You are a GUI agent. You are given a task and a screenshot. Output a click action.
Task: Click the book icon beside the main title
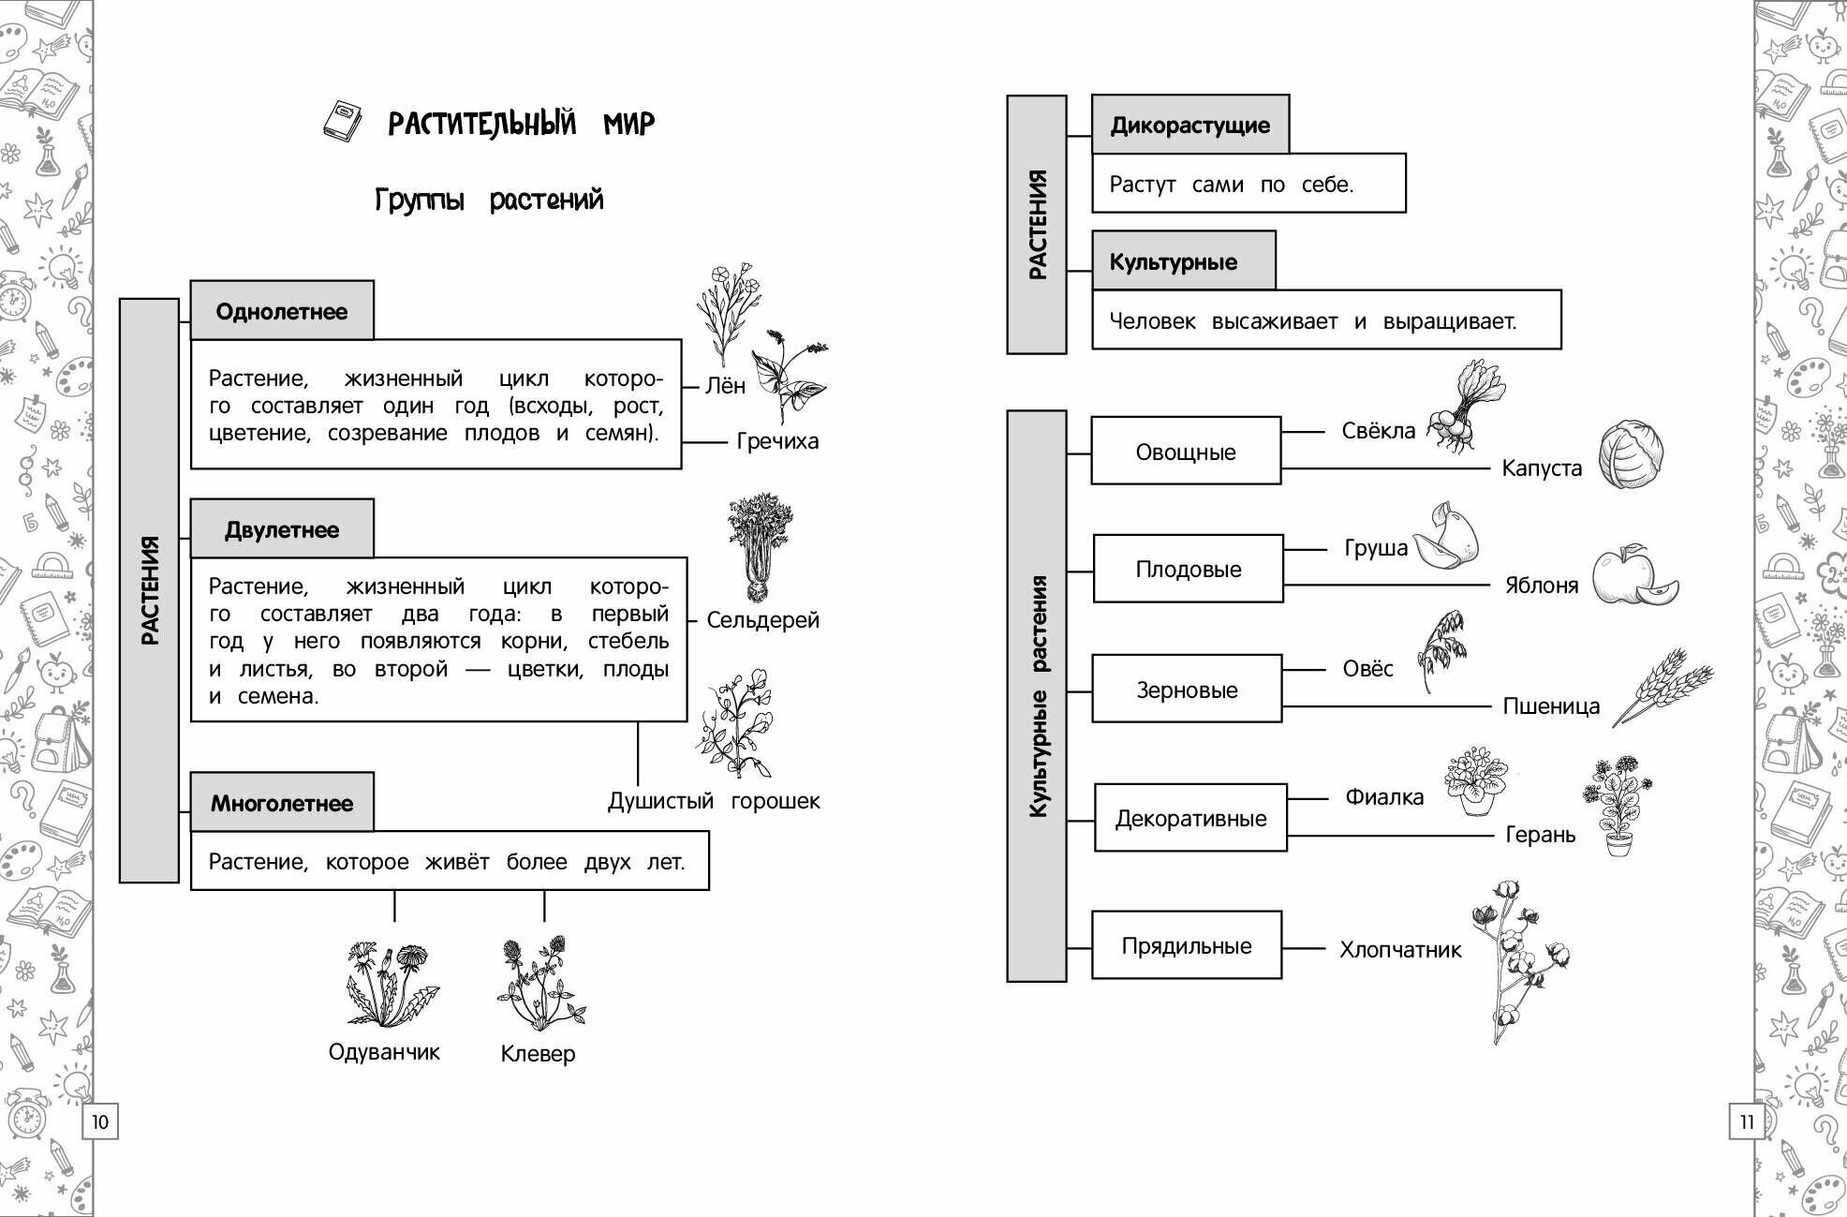coord(342,121)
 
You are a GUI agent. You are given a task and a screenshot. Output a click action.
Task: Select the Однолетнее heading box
coord(281,311)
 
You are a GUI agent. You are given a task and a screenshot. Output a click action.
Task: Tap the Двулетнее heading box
coord(281,529)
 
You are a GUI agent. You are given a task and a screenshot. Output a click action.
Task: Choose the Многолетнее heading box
coord(281,803)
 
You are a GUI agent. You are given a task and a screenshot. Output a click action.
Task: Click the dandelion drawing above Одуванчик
coord(391,984)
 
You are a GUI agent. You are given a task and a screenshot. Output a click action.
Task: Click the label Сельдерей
coord(762,619)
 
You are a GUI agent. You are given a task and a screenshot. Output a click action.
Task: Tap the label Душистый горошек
coord(714,801)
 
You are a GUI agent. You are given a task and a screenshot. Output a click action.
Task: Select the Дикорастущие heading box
coord(1189,125)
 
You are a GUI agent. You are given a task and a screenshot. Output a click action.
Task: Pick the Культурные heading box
coord(1182,261)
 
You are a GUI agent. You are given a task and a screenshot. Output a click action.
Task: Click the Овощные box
coord(1186,452)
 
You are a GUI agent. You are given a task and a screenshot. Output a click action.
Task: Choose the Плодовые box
coord(1188,569)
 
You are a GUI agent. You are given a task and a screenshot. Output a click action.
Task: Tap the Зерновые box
coord(1187,690)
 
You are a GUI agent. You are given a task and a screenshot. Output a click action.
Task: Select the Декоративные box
coord(1190,818)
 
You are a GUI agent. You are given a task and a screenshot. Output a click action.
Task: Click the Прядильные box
coord(1187,945)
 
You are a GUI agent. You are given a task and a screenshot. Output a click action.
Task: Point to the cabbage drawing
coord(1631,454)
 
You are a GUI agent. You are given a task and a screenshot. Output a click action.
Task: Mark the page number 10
coord(100,1121)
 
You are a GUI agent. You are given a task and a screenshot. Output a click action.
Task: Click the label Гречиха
coord(777,441)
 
